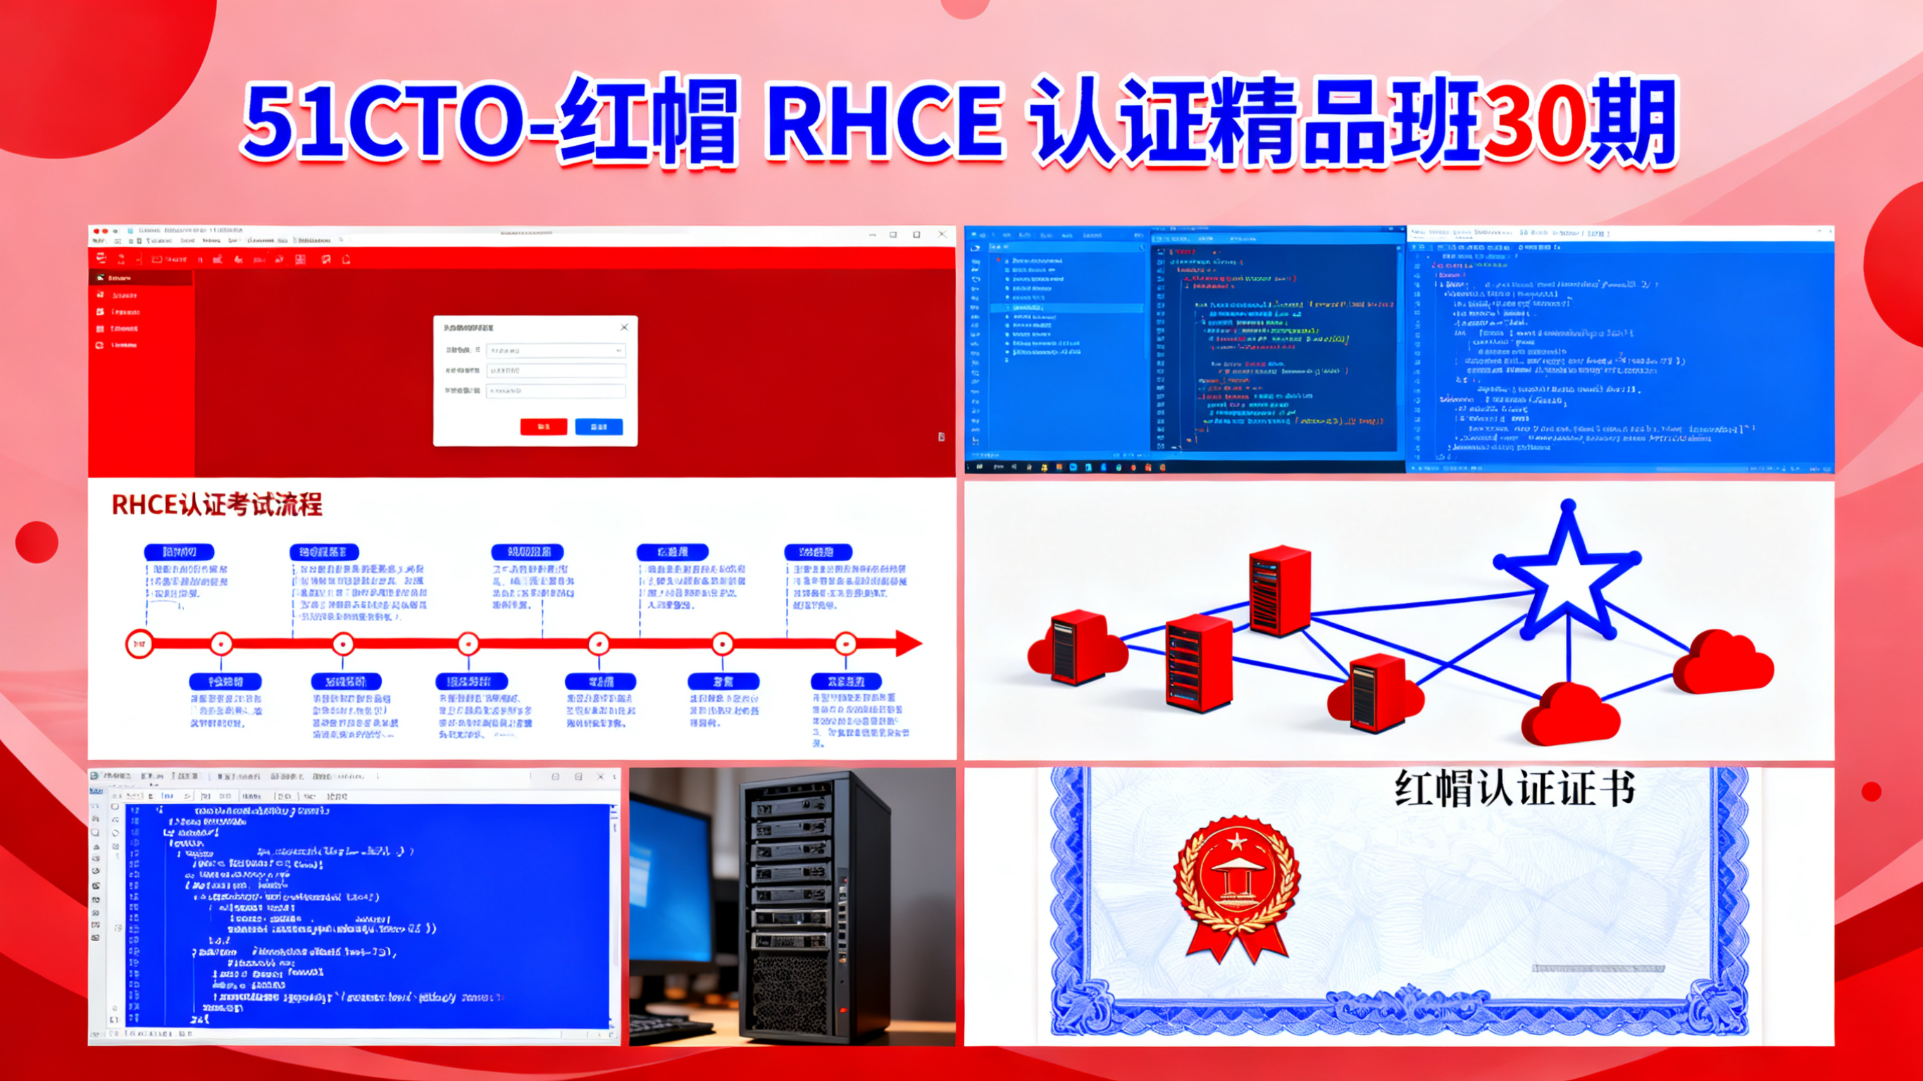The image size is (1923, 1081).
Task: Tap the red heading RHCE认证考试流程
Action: tap(216, 505)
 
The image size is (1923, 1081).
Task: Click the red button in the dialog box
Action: tap(544, 426)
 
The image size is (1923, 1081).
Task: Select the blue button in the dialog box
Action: tap(599, 426)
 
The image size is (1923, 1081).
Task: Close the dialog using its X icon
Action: tap(624, 327)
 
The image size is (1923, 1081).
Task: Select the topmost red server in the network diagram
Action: tap(1279, 589)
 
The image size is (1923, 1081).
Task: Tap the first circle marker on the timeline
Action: tap(139, 644)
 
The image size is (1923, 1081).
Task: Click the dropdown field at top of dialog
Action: tap(555, 350)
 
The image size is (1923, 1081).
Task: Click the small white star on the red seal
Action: tap(1237, 842)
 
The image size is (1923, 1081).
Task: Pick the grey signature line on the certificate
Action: tap(1598, 968)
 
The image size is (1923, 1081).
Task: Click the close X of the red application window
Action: tap(942, 235)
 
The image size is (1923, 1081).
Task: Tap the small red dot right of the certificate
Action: tap(1871, 792)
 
